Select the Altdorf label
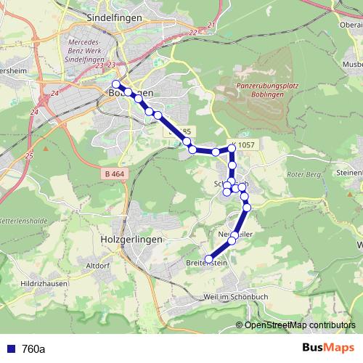click(x=98, y=266)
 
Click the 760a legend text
click(x=33, y=348)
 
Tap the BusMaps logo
click(x=327, y=348)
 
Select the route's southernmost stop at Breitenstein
click(x=208, y=259)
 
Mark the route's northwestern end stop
click(x=115, y=84)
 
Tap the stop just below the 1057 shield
click(x=232, y=148)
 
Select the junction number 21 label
click(x=211, y=25)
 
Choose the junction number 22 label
click(x=192, y=33)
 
